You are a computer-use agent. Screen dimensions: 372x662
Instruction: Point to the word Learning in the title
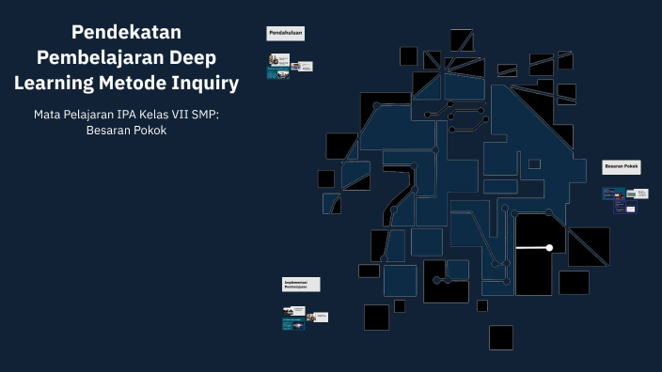[x=54, y=84]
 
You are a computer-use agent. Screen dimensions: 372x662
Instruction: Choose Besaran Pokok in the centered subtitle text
[x=126, y=132]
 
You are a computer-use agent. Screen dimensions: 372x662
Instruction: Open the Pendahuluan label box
[x=285, y=34]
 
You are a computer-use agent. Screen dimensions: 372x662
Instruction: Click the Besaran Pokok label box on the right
[x=621, y=166]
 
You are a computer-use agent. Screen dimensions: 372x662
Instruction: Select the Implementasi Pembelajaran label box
[x=301, y=284]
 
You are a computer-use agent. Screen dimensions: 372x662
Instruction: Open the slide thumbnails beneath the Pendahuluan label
[x=289, y=66]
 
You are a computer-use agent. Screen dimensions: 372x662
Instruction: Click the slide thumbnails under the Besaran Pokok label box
[x=624, y=197]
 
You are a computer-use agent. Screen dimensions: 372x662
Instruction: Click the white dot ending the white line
[x=549, y=248]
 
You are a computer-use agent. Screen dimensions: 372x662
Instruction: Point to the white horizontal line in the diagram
[x=531, y=248]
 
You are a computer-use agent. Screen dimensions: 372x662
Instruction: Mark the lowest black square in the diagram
[x=500, y=337]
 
